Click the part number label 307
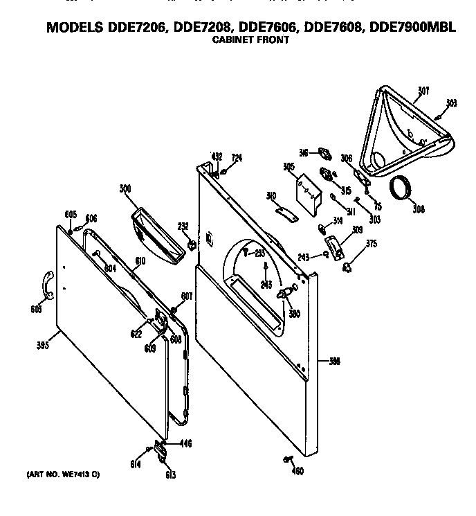(423, 90)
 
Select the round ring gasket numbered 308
(401, 188)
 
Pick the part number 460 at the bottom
(297, 472)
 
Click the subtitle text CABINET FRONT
(250, 40)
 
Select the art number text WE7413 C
(64, 474)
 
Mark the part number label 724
(237, 158)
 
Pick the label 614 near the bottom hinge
(136, 464)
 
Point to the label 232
(183, 226)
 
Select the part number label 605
(71, 214)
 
